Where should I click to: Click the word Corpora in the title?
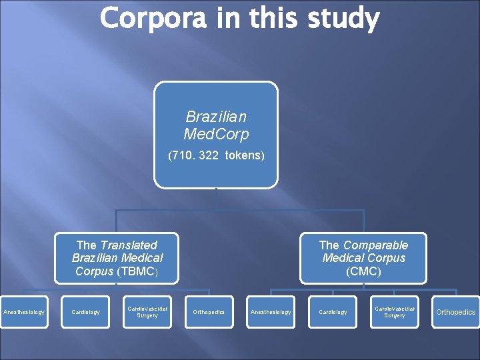pyautogui.click(x=151, y=19)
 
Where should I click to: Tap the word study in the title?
pyautogui.click(x=343, y=19)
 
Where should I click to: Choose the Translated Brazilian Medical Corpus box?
pyautogui.click(x=117, y=258)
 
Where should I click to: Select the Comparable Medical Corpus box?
pyautogui.click(x=363, y=258)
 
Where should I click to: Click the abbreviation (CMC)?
pyautogui.click(x=363, y=271)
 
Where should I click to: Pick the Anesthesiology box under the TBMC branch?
pyautogui.click(x=24, y=312)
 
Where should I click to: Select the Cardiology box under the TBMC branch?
pyautogui.click(x=85, y=312)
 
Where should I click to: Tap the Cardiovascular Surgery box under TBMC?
pyautogui.click(x=147, y=312)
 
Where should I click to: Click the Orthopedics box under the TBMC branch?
pyautogui.click(x=209, y=312)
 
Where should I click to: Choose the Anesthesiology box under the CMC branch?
pyautogui.click(x=271, y=312)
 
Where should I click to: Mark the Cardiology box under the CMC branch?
pyautogui.click(x=333, y=312)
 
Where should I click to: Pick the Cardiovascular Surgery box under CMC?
pyautogui.click(x=395, y=312)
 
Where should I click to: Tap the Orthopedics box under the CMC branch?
pyautogui.click(x=456, y=312)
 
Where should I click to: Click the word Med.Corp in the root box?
pyautogui.click(x=216, y=135)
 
